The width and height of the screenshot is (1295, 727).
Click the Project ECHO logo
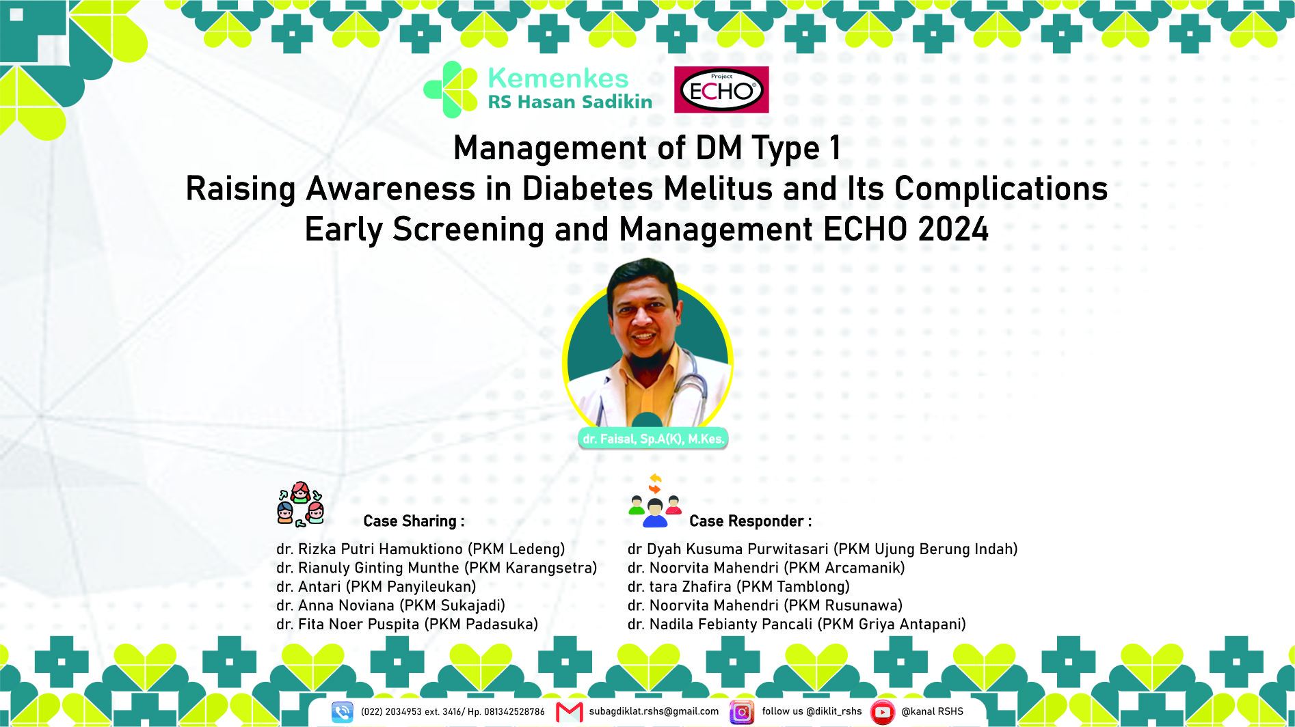click(x=721, y=90)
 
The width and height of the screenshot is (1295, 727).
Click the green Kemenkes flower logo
click(x=451, y=90)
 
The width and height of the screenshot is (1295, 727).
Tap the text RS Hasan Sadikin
click(x=570, y=102)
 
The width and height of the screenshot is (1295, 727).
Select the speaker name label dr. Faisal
click(x=653, y=439)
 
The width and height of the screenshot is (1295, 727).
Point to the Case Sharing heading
click(x=414, y=521)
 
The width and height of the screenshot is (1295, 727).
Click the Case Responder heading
click(x=750, y=521)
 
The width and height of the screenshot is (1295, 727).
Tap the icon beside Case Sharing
click(x=300, y=504)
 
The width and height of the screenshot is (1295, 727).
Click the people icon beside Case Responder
click(x=655, y=501)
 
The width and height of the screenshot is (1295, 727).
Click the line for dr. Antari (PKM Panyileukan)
click(x=376, y=587)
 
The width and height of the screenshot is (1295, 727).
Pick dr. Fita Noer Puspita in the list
click(x=347, y=625)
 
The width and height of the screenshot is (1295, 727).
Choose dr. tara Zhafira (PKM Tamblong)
click(x=738, y=587)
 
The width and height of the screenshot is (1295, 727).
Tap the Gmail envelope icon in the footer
click(x=569, y=712)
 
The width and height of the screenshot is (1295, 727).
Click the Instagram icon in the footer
click(x=742, y=712)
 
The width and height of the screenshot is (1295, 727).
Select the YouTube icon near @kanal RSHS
click(x=882, y=712)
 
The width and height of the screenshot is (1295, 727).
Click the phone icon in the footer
click(x=342, y=712)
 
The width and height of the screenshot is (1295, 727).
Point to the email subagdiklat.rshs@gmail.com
click(x=654, y=711)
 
